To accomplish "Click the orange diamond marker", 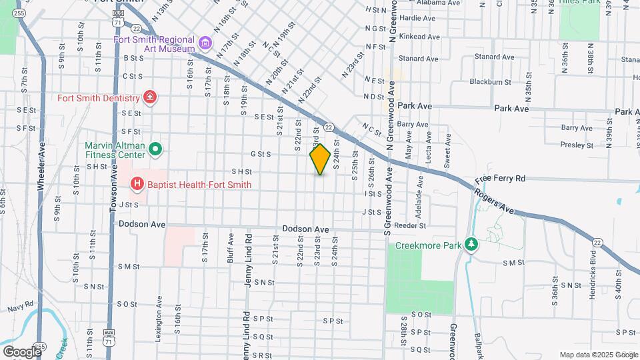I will tap(320, 159).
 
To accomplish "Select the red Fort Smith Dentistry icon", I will tap(150, 98).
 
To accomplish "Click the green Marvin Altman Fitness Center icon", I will tap(155, 149).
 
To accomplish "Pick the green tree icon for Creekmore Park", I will tap(471, 245).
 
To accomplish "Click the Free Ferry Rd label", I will tap(500, 179).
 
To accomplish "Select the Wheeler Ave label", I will tap(41, 171).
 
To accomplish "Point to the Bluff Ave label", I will tap(231, 247).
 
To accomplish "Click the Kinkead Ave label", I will tap(419, 37).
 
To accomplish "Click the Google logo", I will tap(22, 351).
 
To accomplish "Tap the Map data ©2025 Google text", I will tap(598, 354).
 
